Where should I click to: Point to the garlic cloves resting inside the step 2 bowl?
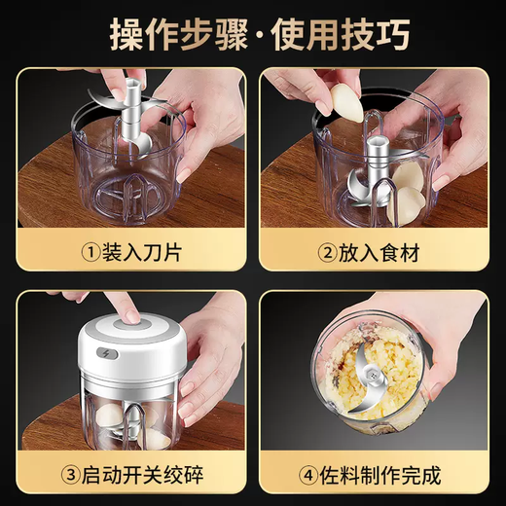point(407,195)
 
